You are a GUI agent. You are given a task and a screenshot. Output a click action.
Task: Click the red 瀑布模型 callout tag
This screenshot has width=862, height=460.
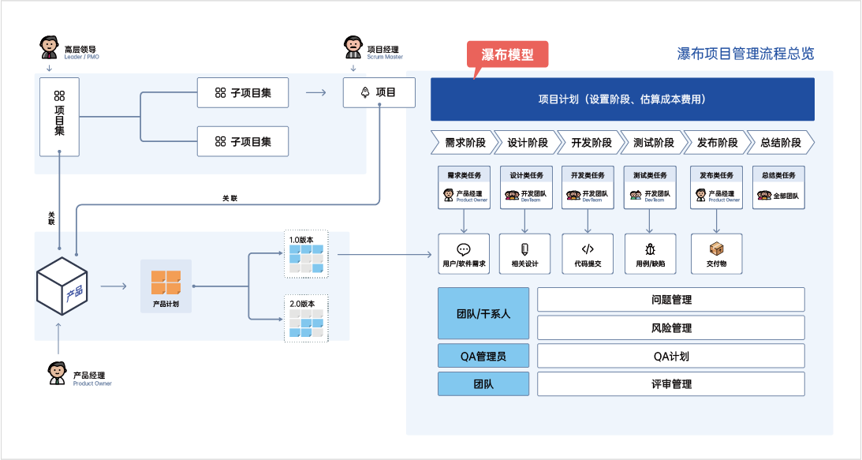[506, 54]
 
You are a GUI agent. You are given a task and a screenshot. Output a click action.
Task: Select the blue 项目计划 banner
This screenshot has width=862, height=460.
[621, 99]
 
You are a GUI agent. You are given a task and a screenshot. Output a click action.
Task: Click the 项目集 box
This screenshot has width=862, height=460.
[59, 117]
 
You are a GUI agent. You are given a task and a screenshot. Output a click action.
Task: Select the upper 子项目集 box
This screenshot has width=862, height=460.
[243, 93]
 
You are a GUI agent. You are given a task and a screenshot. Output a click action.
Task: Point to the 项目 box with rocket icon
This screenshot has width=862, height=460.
[379, 93]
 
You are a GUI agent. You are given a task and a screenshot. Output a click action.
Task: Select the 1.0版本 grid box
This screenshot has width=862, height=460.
[305, 255]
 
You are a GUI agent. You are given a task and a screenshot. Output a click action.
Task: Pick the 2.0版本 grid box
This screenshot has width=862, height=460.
[305, 319]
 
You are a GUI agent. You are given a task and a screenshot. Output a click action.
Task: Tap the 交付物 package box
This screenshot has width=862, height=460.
[716, 254]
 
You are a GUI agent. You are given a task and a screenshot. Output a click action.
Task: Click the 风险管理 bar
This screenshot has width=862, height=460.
[671, 327]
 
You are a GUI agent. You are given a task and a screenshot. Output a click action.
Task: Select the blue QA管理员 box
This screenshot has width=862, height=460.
[483, 356]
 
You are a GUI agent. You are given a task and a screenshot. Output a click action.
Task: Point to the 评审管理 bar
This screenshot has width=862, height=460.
[671, 384]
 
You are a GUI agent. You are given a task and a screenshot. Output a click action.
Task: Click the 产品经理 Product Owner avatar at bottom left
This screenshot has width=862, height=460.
[57, 373]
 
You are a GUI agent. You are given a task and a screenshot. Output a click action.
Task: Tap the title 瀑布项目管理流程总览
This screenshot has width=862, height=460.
[745, 54]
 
